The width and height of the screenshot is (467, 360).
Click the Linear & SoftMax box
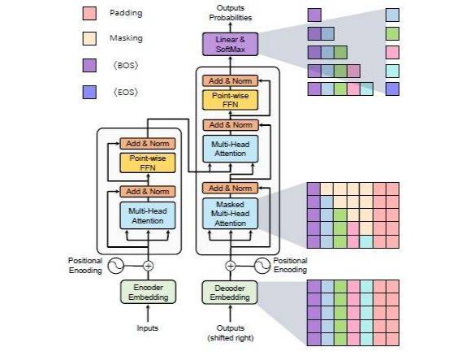[x=230, y=44]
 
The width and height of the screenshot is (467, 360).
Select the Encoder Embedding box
[x=148, y=292]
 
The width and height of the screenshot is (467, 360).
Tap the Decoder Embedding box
[x=230, y=293]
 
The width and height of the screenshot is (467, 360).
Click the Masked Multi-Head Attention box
[x=230, y=214]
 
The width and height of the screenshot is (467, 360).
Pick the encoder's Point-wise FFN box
[x=148, y=163]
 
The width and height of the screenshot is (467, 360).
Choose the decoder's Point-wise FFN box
[x=230, y=100]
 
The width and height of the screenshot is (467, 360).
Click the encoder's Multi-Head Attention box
[x=148, y=216]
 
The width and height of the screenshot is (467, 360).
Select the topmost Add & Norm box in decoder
[x=230, y=80]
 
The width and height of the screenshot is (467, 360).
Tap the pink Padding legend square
[x=89, y=14]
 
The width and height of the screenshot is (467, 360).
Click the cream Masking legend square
[x=89, y=38]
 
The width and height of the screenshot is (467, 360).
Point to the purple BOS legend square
[x=89, y=65]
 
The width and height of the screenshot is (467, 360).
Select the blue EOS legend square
[x=89, y=92]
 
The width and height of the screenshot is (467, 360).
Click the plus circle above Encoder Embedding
[x=149, y=266]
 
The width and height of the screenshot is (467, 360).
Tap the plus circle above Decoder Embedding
[x=230, y=266]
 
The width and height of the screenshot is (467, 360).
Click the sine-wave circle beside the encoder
[x=116, y=266]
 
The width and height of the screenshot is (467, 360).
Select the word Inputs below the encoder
[x=148, y=328]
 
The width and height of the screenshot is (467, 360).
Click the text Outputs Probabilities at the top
[x=230, y=13]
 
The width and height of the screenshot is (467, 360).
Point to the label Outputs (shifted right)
[x=231, y=333]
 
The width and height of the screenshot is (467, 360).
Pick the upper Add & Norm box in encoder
[x=148, y=144]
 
